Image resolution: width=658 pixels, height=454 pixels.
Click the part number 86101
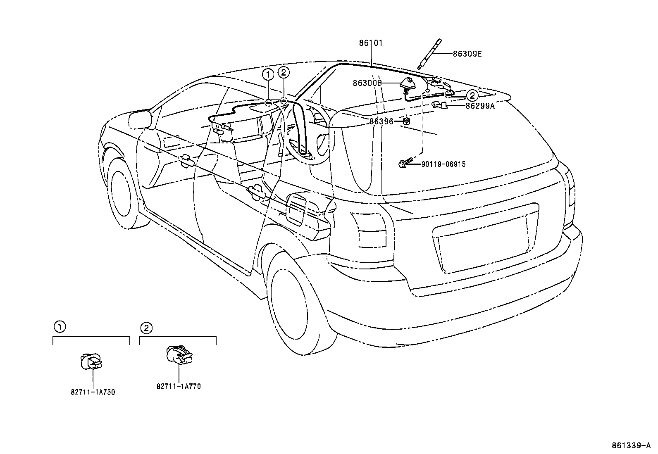pyautogui.click(x=371, y=43)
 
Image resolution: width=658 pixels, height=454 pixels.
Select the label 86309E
pyautogui.click(x=467, y=54)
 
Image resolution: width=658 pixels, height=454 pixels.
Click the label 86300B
pyautogui.click(x=367, y=83)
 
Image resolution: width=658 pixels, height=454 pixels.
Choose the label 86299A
pyautogui.click(x=480, y=105)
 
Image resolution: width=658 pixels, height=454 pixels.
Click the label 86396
pyautogui.click(x=381, y=121)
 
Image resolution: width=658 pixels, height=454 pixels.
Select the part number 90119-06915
pyautogui.click(x=443, y=164)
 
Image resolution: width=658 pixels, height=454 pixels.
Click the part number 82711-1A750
pyautogui.click(x=93, y=392)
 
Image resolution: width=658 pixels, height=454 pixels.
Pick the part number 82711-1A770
pyautogui.click(x=179, y=387)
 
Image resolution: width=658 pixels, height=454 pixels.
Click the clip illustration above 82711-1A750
pyautogui.click(x=91, y=362)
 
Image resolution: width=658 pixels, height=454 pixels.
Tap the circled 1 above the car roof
pyautogui.click(x=268, y=75)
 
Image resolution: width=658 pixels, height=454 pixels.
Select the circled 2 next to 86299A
pyautogui.click(x=472, y=96)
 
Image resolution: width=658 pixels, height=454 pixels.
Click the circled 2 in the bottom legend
pyautogui.click(x=146, y=328)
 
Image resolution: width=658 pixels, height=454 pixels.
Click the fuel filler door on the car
pyautogui.click(x=297, y=209)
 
